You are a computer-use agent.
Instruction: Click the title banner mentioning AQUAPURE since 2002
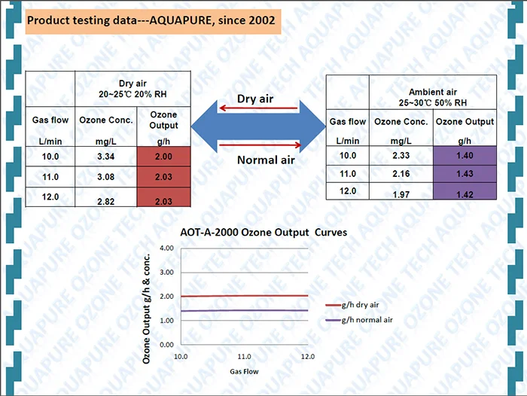(x=153, y=21)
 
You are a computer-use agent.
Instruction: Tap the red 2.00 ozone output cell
(x=163, y=156)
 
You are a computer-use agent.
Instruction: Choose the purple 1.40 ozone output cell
(x=465, y=156)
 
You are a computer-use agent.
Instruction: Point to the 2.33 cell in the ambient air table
(x=401, y=156)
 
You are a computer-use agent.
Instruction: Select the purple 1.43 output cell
(x=465, y=173)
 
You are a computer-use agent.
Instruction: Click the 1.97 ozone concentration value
(x=401, y=195)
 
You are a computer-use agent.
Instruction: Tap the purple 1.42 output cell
(x=465, y=194)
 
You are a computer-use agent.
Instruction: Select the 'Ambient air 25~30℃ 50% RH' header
(x=432, y=96)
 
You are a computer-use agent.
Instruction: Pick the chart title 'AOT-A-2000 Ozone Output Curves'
(x=265, y=233)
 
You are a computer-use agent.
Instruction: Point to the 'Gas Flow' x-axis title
(x=244, y=371)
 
